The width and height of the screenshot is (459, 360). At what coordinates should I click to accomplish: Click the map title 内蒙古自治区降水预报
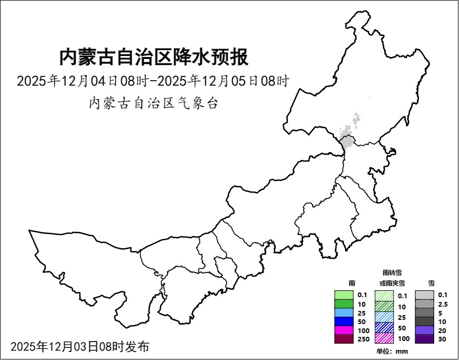pos(153,57)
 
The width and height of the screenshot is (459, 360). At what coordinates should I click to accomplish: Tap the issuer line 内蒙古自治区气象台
pos(153,103)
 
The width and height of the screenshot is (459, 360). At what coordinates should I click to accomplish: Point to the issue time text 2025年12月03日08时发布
pos(80,347)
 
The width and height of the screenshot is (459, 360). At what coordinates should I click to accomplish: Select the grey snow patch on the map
pos(347,141)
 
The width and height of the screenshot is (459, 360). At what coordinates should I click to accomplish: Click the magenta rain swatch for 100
pos(344,330)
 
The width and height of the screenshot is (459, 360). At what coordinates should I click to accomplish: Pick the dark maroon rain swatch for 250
pos(344,339)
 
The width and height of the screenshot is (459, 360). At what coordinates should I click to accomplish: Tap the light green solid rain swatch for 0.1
pos(344,295)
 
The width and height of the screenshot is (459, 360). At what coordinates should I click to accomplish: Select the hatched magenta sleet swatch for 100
pos(384,338)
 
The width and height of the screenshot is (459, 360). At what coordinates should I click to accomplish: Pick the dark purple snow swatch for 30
pos(424,339)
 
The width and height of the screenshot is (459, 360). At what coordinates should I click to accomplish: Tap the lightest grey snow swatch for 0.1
pos(424,295)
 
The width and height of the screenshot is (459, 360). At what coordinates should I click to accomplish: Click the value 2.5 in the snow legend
pos(443,304)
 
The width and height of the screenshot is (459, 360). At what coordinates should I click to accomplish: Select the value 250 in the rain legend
pos(363,339)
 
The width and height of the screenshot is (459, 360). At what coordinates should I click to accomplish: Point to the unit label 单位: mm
pos(392,351)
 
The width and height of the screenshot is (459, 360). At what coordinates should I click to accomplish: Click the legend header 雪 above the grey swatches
pos(431,283)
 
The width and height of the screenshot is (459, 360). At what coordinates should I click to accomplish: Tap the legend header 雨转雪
pos(392,272)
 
